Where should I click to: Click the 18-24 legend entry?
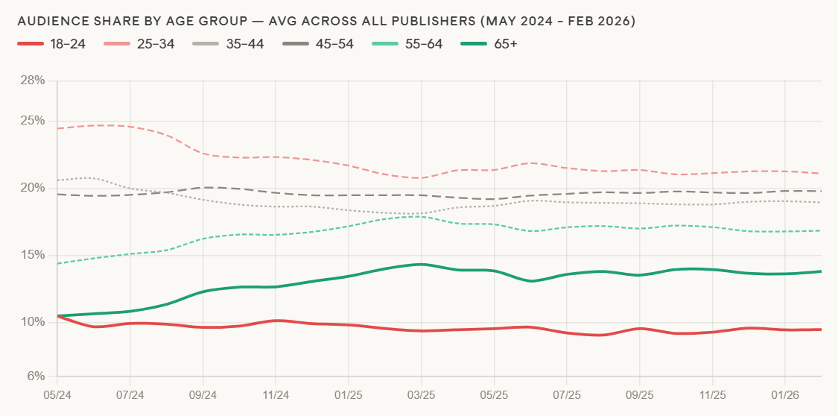click(51, 44)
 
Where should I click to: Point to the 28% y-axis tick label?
click(34, 81)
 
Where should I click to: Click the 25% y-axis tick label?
click(34, 121)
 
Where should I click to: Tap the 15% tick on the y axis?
click(34, 255)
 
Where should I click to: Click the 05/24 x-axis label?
click(57, 392)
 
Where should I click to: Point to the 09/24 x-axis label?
click(203, 392)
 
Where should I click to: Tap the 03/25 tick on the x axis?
click(422, 392)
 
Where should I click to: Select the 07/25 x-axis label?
click(567, 392)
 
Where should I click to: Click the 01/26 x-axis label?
click(785, 392)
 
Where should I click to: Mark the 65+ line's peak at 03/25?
click(422, 264)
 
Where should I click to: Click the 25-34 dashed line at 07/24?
click(130, 127)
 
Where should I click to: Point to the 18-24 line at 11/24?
click(276, 321)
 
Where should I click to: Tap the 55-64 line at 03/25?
click(422, 216)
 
